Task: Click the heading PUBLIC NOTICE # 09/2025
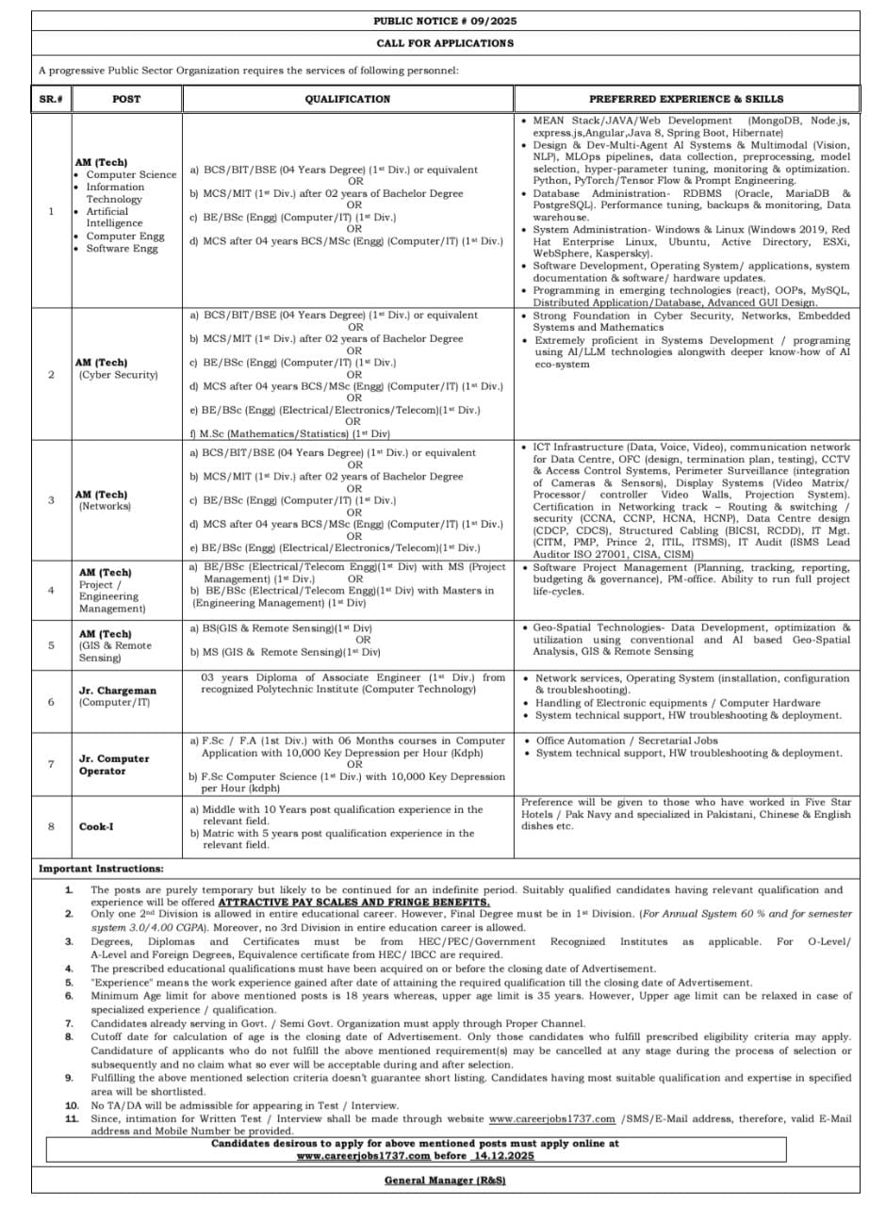(445, 21)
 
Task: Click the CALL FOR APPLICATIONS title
(445, 43)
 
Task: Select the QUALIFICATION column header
(347, 99)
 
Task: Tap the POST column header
(126, 99)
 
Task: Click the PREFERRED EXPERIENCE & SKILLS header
(686, 99)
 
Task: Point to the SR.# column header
(51, 99)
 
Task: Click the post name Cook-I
(97, 827)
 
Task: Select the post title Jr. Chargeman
(118, 691)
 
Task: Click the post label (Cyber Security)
(118, 375)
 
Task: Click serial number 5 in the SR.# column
(51, 645)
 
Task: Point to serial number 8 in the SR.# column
(51, 827)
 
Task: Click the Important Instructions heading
(101, 868)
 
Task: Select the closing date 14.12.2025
(503, 1154)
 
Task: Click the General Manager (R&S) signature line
(445, 1181)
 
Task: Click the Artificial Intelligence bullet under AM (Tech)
(115, 218)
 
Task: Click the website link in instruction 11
(551, 1118)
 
